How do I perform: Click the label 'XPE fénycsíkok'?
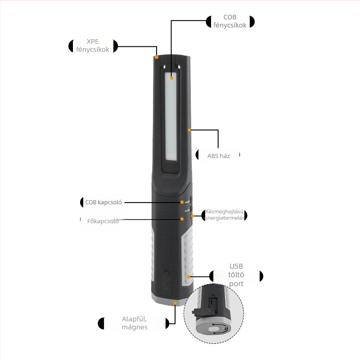[93, 46]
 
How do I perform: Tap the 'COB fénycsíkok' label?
[230, 22]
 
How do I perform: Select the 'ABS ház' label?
[218, 156]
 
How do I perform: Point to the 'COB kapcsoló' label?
[103, 202]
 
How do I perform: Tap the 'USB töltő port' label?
[236, 275]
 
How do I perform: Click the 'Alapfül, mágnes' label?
[134, 323]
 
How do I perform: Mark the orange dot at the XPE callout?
[157, 57]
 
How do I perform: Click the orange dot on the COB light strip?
[171, 78]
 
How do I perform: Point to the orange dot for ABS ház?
[189, 130]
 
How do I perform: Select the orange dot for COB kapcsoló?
[182, 202]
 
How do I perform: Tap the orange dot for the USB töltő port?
[189, 276]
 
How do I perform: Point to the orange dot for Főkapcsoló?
[182, 219]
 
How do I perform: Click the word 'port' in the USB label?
[236, 284]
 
